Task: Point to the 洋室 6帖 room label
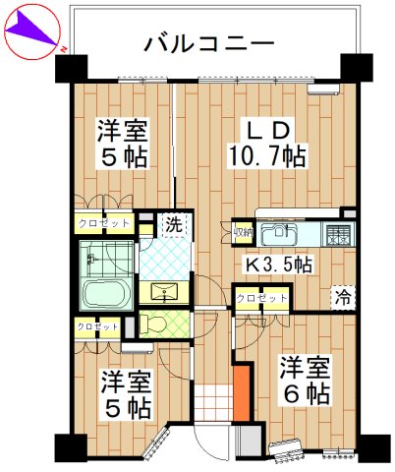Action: click(302, 381)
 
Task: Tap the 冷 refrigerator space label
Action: click(343, 296)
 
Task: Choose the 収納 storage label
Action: click(243, 232)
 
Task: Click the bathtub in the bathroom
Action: click(103, 292)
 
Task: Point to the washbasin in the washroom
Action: click(161, 292)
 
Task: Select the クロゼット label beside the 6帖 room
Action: click(262, 297)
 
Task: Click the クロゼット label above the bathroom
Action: click(101, 223)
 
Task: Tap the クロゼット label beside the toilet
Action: click(98, 326)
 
